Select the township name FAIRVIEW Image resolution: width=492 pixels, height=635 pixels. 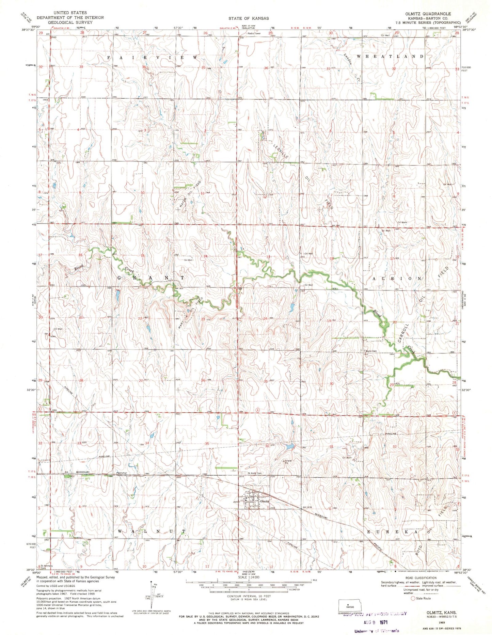152,58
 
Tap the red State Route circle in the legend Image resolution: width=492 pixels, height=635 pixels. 414,598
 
